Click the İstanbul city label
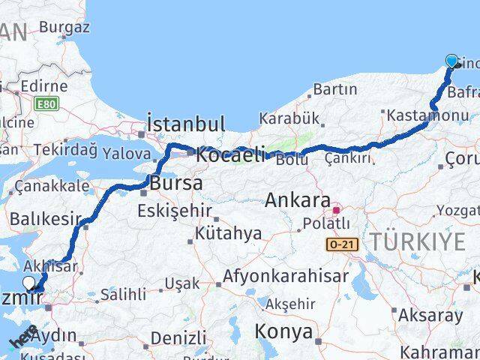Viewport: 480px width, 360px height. [x=186, y=124]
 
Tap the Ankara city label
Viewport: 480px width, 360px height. [x=298, y=201]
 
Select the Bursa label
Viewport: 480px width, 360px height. [x=175, y=183]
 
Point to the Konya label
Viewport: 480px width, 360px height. [x=283, y=331]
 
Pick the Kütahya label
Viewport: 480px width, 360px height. [x=228, y=233]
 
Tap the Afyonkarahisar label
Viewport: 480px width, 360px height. [x=286, y=277]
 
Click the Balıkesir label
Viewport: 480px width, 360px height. [x=45, y=219]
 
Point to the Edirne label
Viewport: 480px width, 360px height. [x=44, y=86]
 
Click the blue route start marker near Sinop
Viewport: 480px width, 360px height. [x=451, y=61]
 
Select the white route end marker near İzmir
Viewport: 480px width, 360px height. [x=29, y=283]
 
